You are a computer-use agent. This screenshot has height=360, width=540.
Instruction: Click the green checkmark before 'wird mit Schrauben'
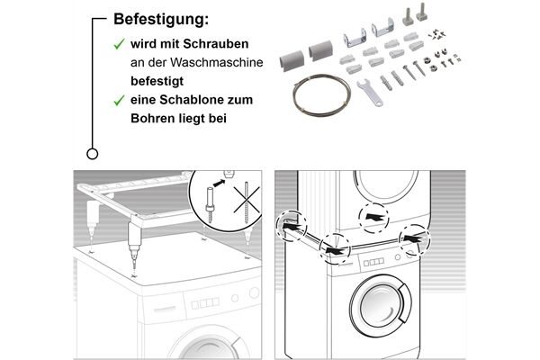pyautogui.click(x=117, y=43)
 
